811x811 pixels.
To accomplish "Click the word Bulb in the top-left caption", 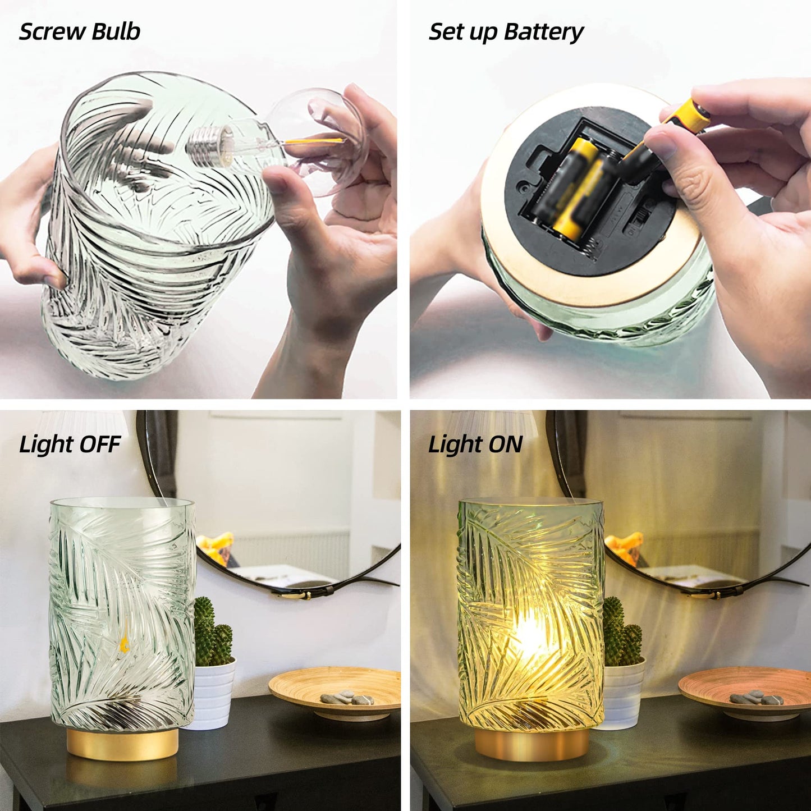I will pyautogui.click(x=116, y=32).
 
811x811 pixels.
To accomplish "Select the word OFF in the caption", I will pyautogui.click(x=100, y=445).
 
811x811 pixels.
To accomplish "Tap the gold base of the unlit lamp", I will pyautogui.click(x=122, y=743).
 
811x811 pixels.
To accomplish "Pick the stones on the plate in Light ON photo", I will pyautogui.click(x=756, y=698).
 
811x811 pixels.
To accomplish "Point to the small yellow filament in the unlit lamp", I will pyautogui.click(x=124, y=640).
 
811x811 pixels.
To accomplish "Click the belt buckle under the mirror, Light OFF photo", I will pyautogui.click(x=295, y=594).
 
